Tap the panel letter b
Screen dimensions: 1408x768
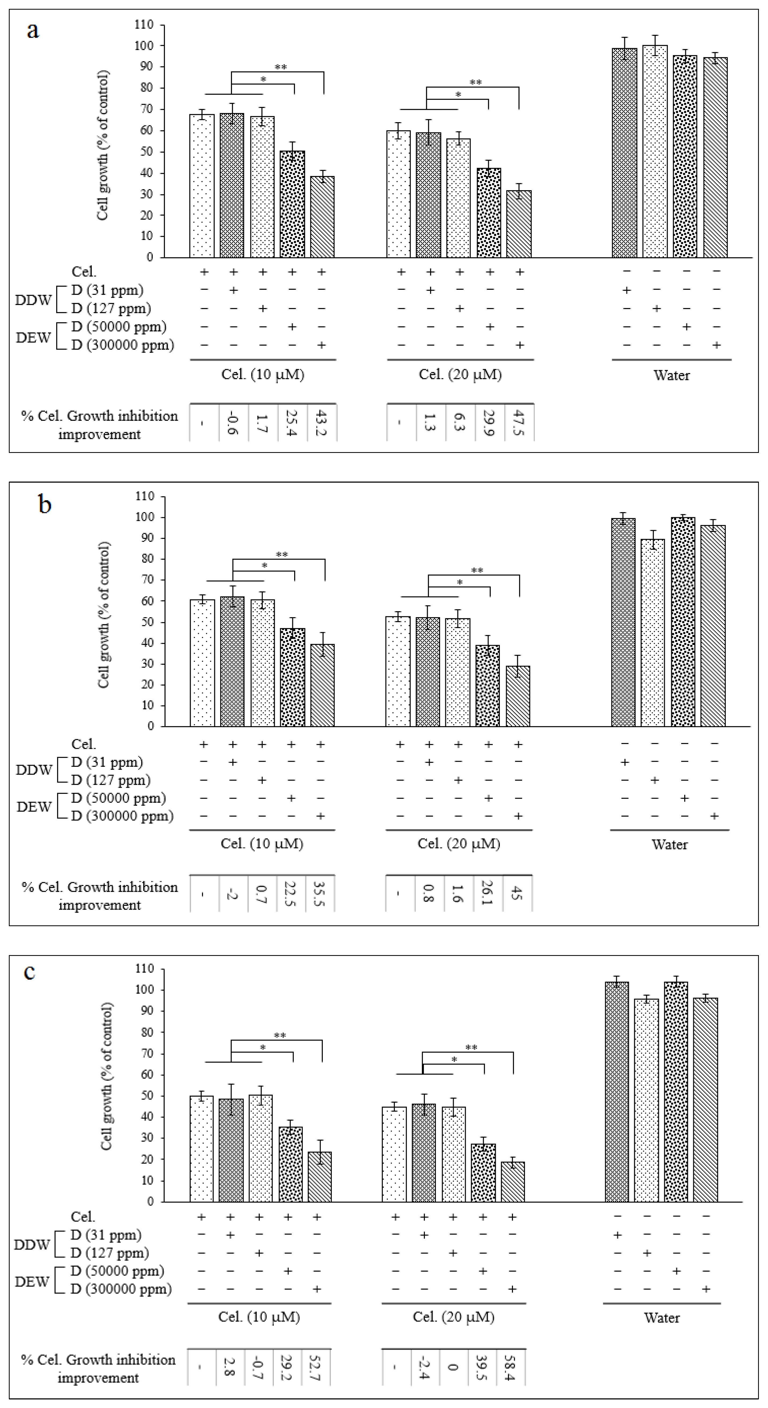45,505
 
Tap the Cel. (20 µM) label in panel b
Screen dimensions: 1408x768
459,844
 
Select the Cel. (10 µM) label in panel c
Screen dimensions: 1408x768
259,1317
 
